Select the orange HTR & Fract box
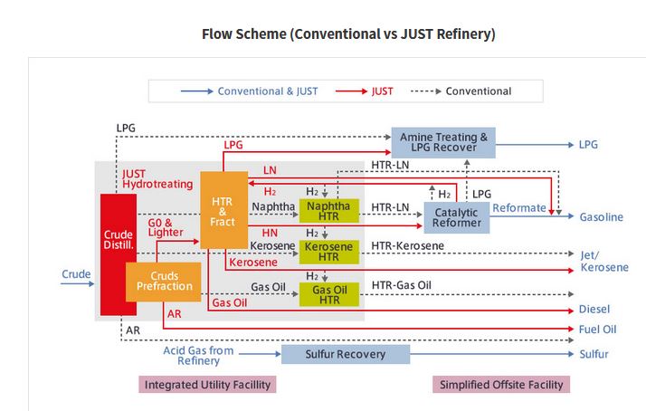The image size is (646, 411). coord(223,208)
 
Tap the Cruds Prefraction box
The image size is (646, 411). coord(164,282)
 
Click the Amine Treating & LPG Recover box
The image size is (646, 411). coord(443,143)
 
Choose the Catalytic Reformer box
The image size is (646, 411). coord(456,217)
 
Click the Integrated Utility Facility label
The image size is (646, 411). coord(206,385)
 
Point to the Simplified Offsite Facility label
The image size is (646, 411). coord(501,385)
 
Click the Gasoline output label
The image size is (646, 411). coord(602,217)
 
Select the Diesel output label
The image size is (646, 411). coord(594,309)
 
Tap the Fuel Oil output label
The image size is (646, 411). coord(597,330)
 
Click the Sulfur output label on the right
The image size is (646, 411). coord(594,354)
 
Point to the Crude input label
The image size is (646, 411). coord(76,273)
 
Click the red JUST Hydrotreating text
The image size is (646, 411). coord(157,178)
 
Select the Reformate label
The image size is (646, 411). coord(519,208)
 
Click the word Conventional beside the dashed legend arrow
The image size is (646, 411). coord(479,91)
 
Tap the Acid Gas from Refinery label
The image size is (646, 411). coord(198,355)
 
